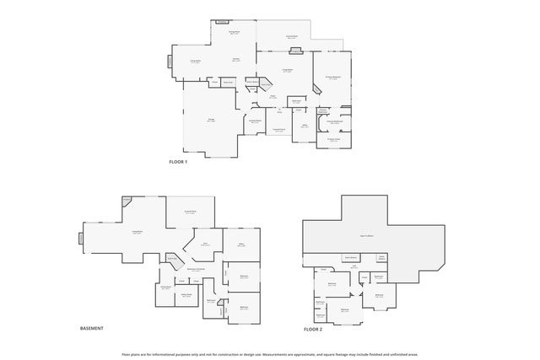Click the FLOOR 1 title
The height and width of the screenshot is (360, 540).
[x=177, y=160]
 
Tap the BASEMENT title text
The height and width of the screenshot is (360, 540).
[x=91, y=328]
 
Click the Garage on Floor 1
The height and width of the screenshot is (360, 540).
[x=211, y=121]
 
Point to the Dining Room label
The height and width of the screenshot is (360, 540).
[x=235, y=33]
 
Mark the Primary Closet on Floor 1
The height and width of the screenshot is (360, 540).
[x=334, y=140]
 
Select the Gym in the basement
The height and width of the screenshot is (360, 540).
[x=205, y=244]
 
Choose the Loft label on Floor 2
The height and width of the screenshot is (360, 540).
[x=355, y=266]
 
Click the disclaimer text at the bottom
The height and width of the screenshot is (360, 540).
[x=270, y=354]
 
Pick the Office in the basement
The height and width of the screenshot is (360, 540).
[x=240, y=245]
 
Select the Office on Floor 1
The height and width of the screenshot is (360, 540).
[x=304, y=126]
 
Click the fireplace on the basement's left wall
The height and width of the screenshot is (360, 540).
[x=82, y=238]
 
